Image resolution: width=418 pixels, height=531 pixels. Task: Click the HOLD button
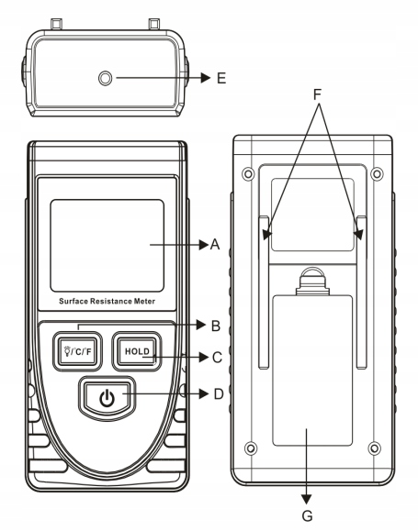(137, 351)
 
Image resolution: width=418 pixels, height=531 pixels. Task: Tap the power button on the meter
(107, 398)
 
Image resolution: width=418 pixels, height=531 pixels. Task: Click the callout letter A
(215, 245)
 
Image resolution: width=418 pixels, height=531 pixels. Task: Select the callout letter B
(216, 326)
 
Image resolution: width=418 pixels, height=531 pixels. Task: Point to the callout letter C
(217, 358)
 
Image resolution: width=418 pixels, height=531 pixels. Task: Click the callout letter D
(219, 394)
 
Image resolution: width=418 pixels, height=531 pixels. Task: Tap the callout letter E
(221, 78)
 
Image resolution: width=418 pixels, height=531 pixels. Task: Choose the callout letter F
(317, 94)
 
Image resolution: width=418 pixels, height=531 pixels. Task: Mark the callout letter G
(307, 515)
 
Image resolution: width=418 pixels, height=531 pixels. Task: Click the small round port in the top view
(105, 78)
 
